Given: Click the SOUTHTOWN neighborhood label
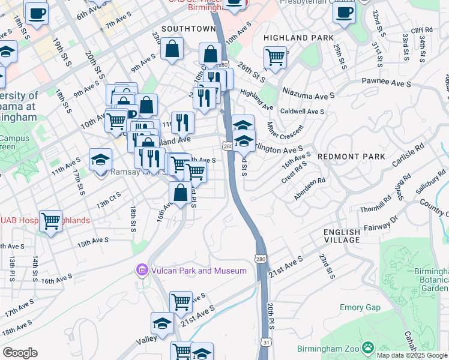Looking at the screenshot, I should click(x=188, y=29).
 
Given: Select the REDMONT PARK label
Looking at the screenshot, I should click(x=351, y=157).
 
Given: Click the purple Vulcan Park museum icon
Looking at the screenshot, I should click(x=142, y=271).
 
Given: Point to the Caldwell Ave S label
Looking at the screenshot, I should click(x=302, y=112).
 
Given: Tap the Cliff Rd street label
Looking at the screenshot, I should click(x=421, y=30).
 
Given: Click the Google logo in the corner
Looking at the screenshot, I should click(x=20, y=353).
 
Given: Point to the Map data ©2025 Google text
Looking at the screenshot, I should click(x=412, y=355).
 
